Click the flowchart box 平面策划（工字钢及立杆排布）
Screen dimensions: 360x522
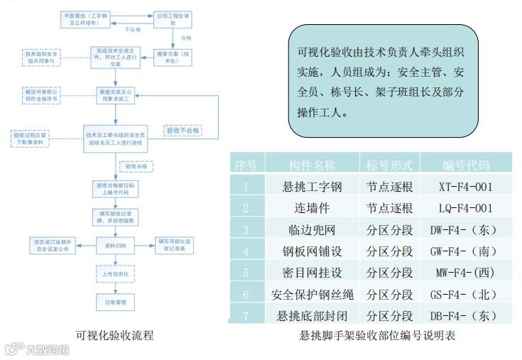point(85,18)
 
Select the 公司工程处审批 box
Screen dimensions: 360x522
point(170,18)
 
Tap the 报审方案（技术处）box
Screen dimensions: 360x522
point(175,57)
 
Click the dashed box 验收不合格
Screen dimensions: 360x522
point(182,131)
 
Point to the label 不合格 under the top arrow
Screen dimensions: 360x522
point(133,29)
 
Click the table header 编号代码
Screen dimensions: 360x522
point(466,165)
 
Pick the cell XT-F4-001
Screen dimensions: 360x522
point(466,187)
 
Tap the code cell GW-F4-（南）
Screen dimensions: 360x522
point(466,251)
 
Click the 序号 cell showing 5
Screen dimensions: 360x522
point(246,273)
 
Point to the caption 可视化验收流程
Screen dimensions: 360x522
point(114,335)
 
